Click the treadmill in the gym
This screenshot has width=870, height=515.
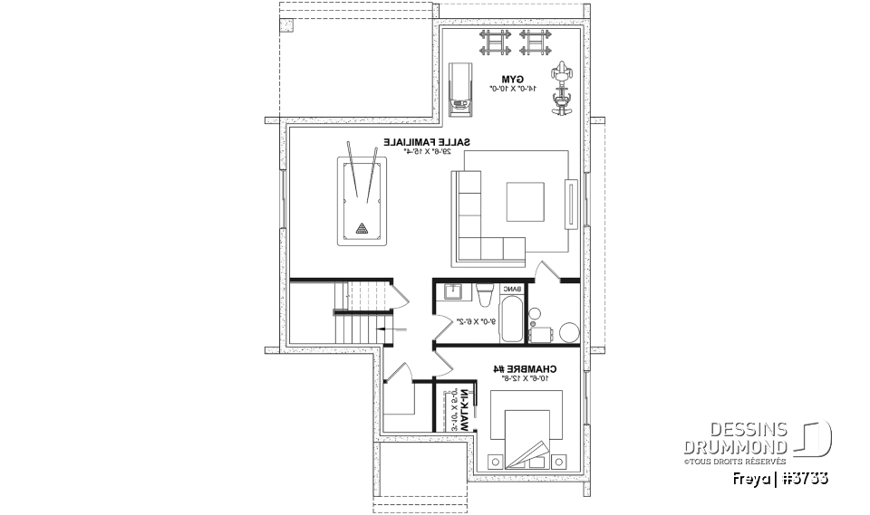click(460, 89)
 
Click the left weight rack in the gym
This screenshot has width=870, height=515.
click(494, 41)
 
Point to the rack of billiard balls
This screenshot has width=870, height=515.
click(362, 227)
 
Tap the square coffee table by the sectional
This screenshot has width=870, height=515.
click(526, 201)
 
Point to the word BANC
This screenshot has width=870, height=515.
click(512, 290)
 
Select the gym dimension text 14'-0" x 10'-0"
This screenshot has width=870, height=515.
click(514, 89)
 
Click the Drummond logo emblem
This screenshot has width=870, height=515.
click(813, 437)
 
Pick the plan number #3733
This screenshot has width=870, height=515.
click(805, 477)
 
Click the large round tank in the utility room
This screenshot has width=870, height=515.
click(569, 332)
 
